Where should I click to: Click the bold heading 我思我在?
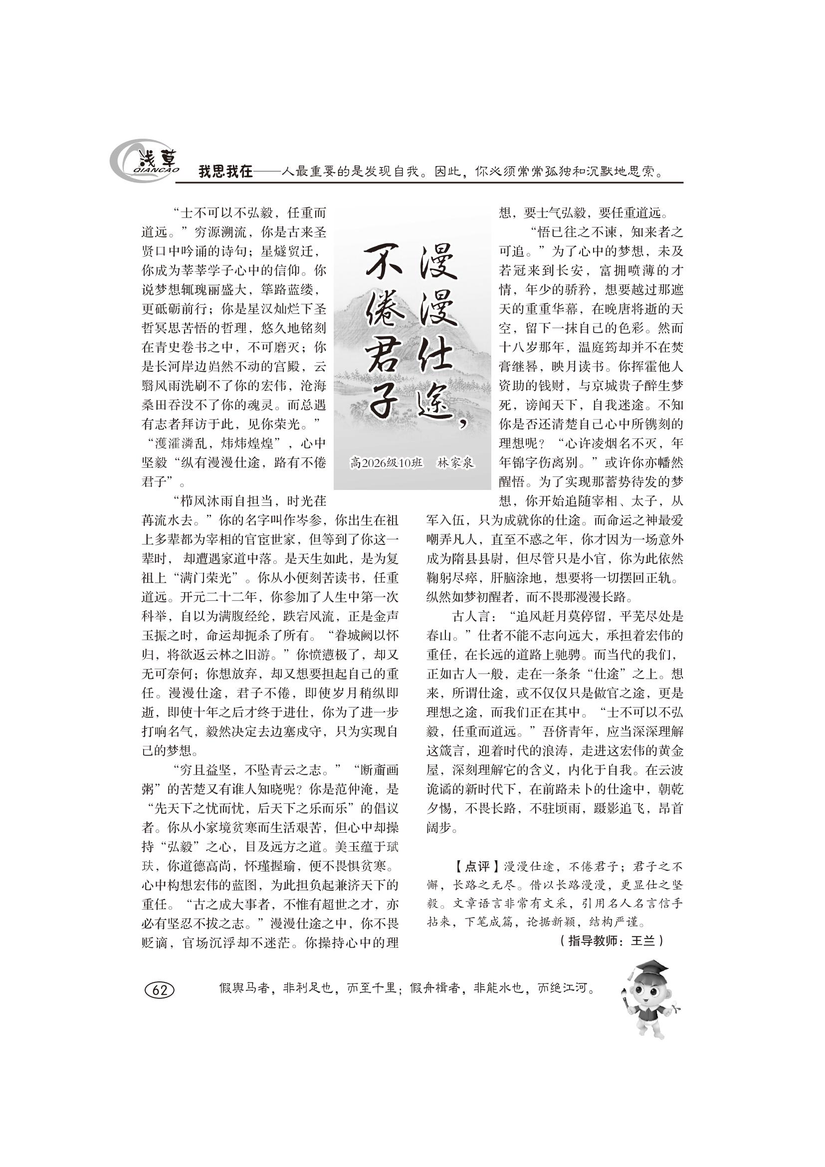225,172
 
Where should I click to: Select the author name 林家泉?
455,463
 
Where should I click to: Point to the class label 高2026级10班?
386,463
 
